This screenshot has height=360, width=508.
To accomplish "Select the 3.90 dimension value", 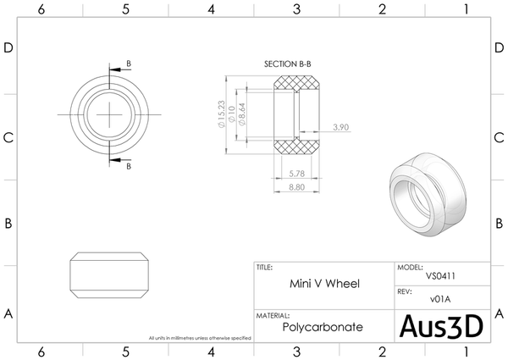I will (341, 127).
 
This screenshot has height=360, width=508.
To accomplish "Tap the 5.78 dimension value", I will (296, 174).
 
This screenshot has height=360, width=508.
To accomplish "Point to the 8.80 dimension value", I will (296, 187).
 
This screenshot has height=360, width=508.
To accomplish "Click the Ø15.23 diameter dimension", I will (222, 114).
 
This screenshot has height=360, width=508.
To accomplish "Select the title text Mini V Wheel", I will (324, 284).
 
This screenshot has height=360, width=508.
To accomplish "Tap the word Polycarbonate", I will (323, 326).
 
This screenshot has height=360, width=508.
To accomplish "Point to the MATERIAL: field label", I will (273, 314).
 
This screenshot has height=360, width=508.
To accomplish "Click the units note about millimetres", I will (199, 338).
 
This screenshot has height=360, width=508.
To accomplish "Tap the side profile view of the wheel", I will (109, 273).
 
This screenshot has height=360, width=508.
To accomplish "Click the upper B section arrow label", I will (128, 64).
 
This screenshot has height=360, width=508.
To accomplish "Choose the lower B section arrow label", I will (128, 167).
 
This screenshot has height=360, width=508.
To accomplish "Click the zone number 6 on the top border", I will (40, 8).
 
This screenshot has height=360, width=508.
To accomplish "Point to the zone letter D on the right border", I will (500, 48).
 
